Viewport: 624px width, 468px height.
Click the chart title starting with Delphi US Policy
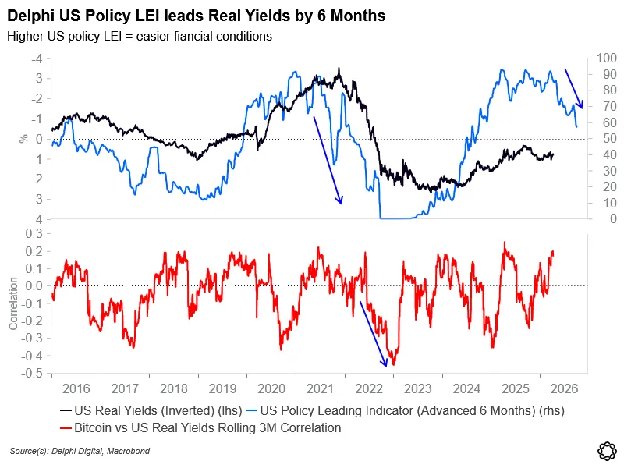tap(196, 16)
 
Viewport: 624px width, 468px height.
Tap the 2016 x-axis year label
tap(76, 387)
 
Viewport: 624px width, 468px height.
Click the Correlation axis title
tap(13, 303)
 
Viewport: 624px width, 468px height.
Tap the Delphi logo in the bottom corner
tap(606, 450)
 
